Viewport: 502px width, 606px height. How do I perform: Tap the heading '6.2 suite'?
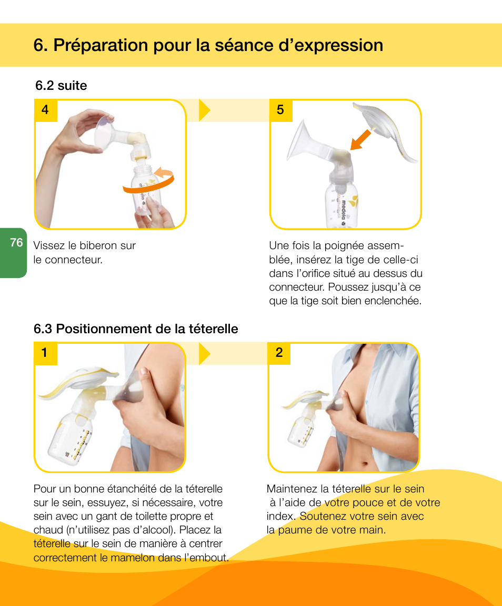pyautogui.click(x=61, y=86)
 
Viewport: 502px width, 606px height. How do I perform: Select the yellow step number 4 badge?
pyautogui.click(x=45, y=110)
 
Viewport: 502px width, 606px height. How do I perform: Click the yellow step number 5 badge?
pyautogui.click(x=280, y=110)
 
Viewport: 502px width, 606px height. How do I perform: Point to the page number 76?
pyautogui.click(x=16, y=242)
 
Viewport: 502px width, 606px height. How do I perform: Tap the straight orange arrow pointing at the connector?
pyautogui.click(x=360, y=140)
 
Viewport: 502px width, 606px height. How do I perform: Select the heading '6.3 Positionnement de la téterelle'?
pyautogui.click(x=136, y=329)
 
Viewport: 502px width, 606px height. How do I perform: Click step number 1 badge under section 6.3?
pyautogui.click(x=45, y=353)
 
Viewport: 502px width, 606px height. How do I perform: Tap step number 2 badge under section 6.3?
pyautogui.click(x=279, y=353)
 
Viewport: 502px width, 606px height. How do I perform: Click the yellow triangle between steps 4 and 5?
pyautogui.click(x=205, y=110)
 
